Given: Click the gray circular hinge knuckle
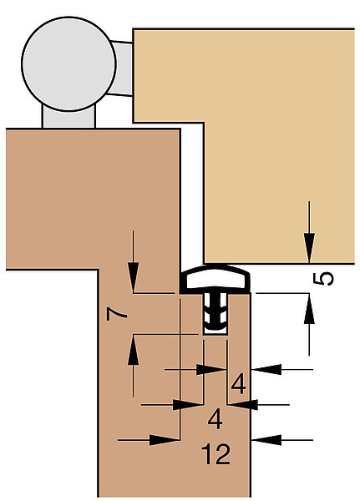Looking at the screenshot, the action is (x=68, y=64).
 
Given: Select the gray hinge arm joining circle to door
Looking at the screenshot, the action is (x=121, y=68).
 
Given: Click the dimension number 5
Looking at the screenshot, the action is (x=323, y=279).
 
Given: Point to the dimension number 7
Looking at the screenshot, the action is (x=117, y=314).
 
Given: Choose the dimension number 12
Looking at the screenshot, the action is (x=215, y=453).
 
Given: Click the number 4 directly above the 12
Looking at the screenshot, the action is (x=215, y=419).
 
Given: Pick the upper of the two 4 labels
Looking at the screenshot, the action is (x=239, y=384).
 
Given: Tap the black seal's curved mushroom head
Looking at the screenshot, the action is (x=215, y=279).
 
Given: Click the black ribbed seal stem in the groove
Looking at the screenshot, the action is (x=215, y=311).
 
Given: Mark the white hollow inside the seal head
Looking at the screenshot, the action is (x=215, y=279).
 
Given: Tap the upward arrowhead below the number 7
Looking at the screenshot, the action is (x=133, y=350).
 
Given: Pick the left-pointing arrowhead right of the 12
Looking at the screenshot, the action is (x=266, y=440).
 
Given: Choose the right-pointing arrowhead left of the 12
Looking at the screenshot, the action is (x=165, y=440).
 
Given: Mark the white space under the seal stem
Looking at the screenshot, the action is (x=215, y=332).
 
